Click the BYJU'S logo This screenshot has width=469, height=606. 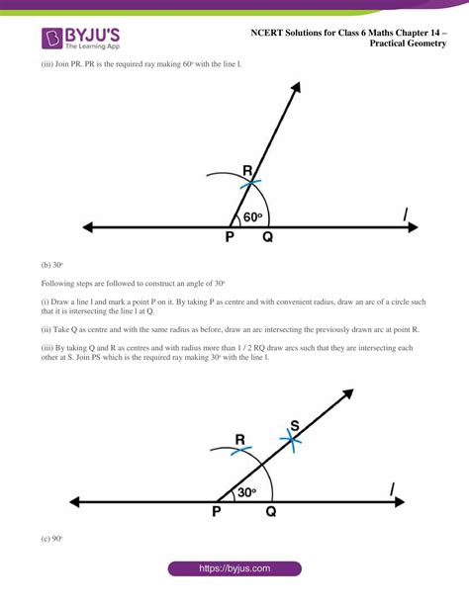click(x=80, y=39)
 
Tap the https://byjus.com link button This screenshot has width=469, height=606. click(x=234, y=569)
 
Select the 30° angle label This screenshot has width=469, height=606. click(x=245, y=492)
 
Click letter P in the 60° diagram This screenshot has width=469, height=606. click(x=230, y=237)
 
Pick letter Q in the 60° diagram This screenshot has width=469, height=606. click(x=268, y=237)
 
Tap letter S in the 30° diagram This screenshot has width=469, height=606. click(x=293, y=426)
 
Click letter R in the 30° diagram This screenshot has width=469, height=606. click(x=239, y=439)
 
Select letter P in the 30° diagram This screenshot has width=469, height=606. click(x=216, y=511)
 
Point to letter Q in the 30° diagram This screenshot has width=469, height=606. click(x=270, y=511)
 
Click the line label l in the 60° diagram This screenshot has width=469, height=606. click(x=406, y=215)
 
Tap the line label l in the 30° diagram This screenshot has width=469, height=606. click(x=393, y=488)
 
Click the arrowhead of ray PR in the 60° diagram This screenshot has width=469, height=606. click(x=296, y=90)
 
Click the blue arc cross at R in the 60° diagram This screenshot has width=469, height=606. click(x=252, y=182)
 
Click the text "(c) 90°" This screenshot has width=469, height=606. click(x=52, y=538)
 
